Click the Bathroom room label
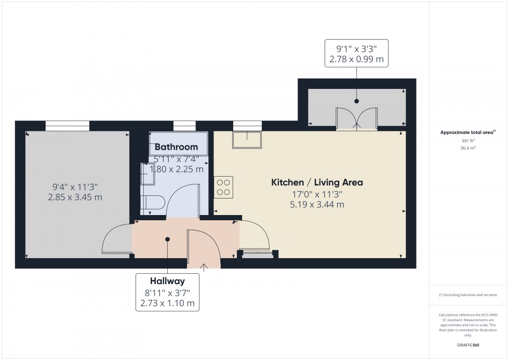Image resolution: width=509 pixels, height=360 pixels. click(x=176, y=147)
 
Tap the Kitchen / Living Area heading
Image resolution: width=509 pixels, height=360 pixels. click(x=317, y=182)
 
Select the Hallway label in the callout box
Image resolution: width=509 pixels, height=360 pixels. click(x=167, y=281)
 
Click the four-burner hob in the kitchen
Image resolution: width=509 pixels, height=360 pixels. click(x=223, y=188)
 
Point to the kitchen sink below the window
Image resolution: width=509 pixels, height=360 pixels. click(x=247, y=140)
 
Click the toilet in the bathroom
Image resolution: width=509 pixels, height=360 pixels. click(x=153, y=203)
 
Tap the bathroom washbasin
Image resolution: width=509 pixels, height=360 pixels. click(x=148, y=174)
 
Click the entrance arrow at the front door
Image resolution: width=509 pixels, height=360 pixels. click(x=204, y=268)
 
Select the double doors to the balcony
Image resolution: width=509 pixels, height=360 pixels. click(x=356, y=119)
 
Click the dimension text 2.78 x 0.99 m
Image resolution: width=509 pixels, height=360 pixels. click(x=356, y=59)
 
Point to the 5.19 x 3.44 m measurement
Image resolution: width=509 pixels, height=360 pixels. click(x=317, y=205)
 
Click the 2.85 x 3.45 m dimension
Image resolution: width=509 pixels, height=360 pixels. click(x=75, y=197)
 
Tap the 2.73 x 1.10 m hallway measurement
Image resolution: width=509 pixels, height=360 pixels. click(x=167, y=303)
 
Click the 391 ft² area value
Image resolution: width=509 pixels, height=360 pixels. click(x=468, y=141)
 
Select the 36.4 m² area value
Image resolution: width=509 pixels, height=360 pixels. click(x=468, y=148)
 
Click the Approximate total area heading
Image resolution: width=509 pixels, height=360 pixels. click(x=468, y=132)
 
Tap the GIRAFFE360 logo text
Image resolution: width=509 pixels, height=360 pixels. click(x=468, y=345)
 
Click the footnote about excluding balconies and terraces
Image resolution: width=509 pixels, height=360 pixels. click(x=468, y=295)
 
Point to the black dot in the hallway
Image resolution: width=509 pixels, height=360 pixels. click(x=167, y=239)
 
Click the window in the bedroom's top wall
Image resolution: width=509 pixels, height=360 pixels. click(x=67, y=126)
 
